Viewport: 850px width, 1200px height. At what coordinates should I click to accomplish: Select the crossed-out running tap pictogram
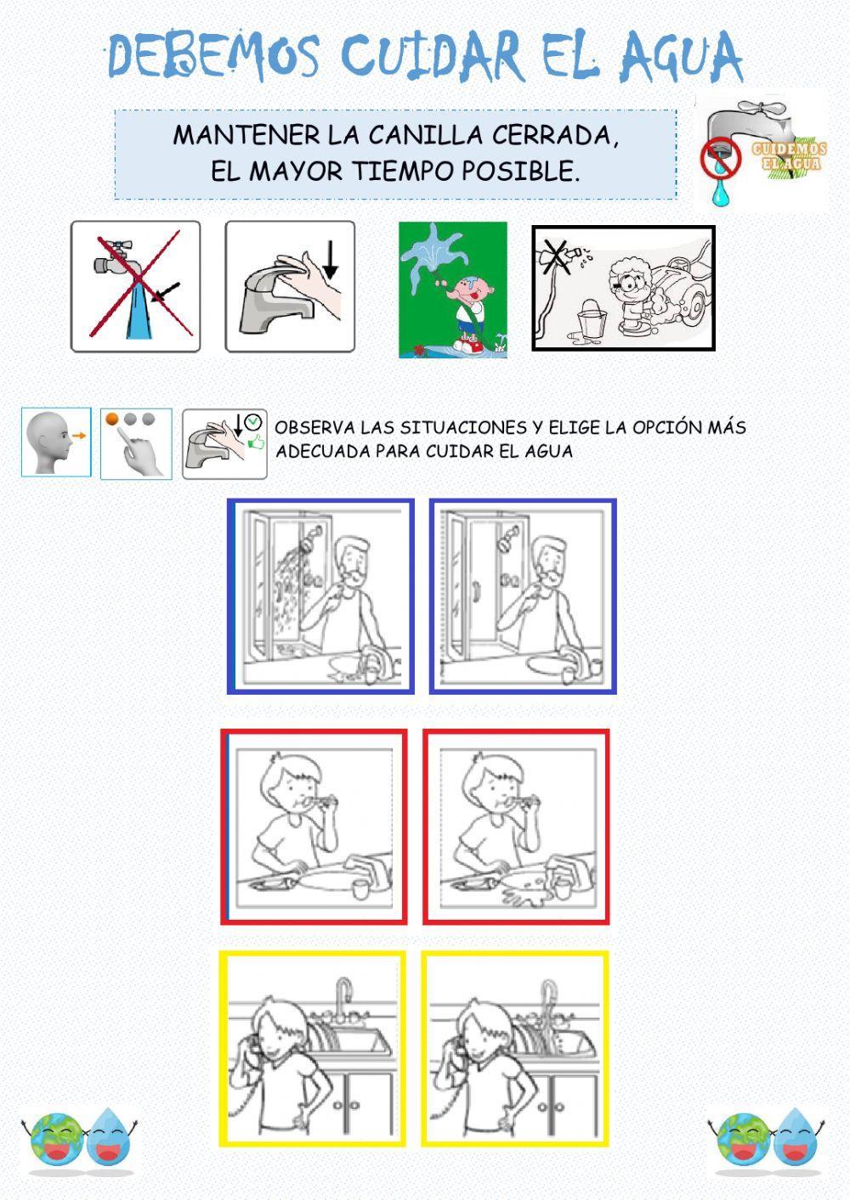pyautogui.click(x=135, y=286)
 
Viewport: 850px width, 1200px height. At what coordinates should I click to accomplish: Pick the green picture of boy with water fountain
pyautogui.click(x=453, y=290)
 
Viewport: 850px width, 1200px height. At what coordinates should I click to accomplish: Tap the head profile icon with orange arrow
pyautogui.click(x=56, y=442)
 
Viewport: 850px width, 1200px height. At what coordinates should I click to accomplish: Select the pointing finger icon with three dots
pyautogui.click(x=136, y=444)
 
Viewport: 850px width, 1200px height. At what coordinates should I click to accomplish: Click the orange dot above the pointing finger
pyautogui.click(x=111, y=419)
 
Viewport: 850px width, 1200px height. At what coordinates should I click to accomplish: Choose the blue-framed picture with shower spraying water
pyautogui.click(x=320, y=596)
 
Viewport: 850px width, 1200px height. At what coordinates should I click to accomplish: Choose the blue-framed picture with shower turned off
pyautogui.click(x=523, y=596)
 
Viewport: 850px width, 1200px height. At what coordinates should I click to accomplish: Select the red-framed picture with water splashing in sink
pyautogui.click(x=516, y=826)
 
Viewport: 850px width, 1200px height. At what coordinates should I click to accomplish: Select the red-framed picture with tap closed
pyautogui.click(x=314, y=826)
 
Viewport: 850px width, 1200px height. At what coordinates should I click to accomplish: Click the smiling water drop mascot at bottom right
pyautogui.click(x=796, y=1138)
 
